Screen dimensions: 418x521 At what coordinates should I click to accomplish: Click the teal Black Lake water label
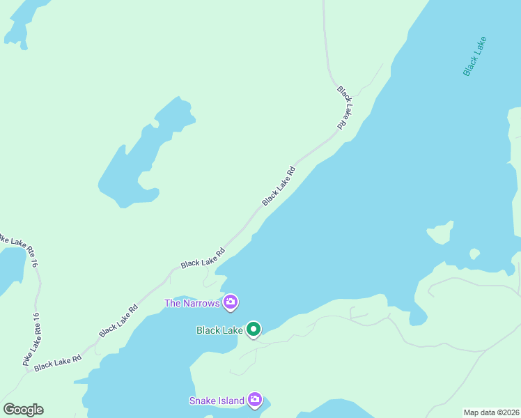click(475, 56)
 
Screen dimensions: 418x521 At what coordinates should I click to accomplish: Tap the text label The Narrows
click(192, 303)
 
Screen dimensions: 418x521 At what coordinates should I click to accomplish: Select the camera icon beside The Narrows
click(231, 302)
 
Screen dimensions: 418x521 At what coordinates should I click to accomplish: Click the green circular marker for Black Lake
click(254, 330)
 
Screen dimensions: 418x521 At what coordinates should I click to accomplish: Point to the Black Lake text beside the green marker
click(219, 330)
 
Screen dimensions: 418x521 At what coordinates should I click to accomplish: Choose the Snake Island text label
click(217, 401)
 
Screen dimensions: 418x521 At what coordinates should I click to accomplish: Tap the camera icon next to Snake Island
click(255, 400)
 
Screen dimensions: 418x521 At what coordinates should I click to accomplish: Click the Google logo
click(23, 410)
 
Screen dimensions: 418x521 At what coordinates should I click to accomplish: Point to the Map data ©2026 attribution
click(491, 412)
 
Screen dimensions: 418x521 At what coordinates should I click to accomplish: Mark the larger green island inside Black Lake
click(440, 233)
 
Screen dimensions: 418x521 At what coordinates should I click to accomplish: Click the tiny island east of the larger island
click(474, 254)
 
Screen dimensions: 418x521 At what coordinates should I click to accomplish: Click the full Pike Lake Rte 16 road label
click(32, 339)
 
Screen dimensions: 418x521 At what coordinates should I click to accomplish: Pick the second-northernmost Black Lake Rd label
click(279, 186)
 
